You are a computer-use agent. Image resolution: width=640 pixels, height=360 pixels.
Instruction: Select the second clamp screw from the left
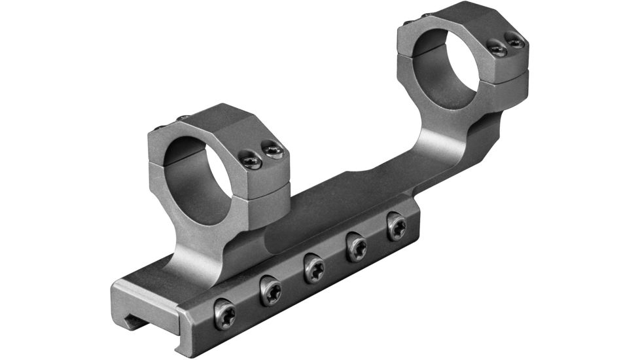(270, 290)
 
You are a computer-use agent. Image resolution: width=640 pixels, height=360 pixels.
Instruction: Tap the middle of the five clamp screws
(313, 268)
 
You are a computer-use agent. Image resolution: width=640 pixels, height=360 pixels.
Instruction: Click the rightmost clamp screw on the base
(396, 226)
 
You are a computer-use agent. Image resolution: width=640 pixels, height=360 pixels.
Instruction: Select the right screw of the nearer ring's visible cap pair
(272, 151)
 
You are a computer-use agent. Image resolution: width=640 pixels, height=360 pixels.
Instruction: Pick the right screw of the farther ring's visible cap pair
(515, 41)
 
